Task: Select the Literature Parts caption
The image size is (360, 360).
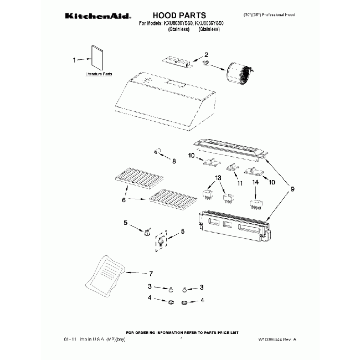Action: click(x=99, y=74)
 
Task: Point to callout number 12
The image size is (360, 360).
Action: click(x=205, y=63)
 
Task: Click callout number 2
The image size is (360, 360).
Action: click(x=205, y=54)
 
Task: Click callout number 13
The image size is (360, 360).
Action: click(x=218, y=177)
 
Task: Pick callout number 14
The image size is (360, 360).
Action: click(x=256, y=182)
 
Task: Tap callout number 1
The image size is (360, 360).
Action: click(x=74, y=59)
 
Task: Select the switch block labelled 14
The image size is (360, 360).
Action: click(x=255, y=204)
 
